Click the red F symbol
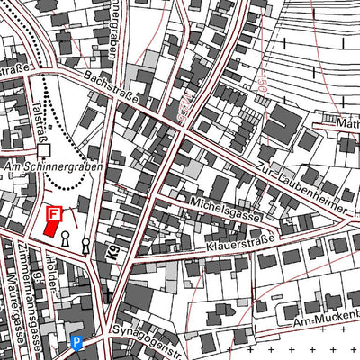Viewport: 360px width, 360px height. [54, 214]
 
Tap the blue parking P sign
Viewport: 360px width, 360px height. [76, 342]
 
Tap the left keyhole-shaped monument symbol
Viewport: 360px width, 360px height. [66, 238]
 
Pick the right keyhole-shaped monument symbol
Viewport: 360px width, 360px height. [85, 243]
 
